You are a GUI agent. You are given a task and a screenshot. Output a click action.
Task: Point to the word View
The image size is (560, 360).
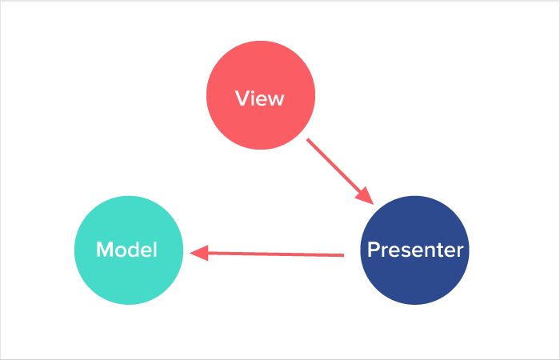click(x=260, y=98)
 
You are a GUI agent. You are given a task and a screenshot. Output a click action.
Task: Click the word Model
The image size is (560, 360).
click(x=126, y=250)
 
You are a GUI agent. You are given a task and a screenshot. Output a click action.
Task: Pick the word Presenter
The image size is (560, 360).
click(x=414, y=250)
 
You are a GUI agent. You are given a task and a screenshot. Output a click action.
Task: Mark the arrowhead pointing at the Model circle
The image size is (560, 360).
click(x=198, y=253)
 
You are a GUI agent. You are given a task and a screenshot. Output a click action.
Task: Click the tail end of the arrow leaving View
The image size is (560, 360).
click(x=309, y=141)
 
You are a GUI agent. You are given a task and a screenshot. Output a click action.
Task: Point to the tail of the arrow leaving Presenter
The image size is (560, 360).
click(x=342, y=255)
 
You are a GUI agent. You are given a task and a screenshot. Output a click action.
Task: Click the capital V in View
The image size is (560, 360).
click(x=242, y=98)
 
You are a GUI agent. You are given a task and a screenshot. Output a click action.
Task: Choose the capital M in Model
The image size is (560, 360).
click(x=104, y=250)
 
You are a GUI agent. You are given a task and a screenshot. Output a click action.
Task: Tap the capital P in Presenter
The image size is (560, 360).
click(x=372, y=250)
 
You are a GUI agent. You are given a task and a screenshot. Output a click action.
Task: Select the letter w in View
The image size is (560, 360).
click(x=276, y=100)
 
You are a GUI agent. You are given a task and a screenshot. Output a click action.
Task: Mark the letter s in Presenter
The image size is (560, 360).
click(x=405, y=251)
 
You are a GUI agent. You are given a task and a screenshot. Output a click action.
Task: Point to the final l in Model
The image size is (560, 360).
click(x=154, y=250)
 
